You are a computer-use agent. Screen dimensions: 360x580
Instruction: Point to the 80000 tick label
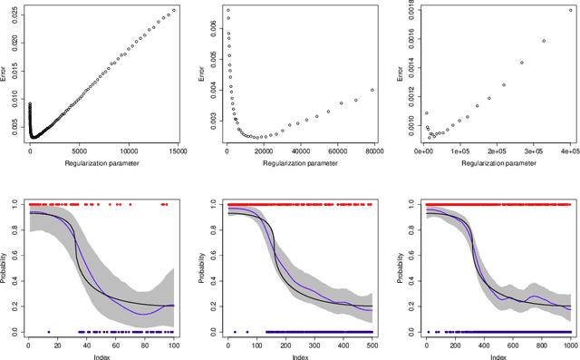372,151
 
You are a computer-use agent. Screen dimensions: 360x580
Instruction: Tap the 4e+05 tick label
569,151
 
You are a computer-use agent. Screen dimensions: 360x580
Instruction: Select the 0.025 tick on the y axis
21,16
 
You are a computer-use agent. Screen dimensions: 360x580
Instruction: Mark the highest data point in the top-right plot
569,11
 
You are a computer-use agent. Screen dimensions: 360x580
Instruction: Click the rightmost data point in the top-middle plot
372,90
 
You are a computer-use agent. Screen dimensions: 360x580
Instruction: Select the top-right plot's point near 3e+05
543,41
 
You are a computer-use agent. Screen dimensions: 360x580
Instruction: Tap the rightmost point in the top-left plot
174,10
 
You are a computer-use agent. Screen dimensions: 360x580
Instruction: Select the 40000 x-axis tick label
299,151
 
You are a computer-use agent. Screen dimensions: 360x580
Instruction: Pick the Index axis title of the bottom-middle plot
299,356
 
